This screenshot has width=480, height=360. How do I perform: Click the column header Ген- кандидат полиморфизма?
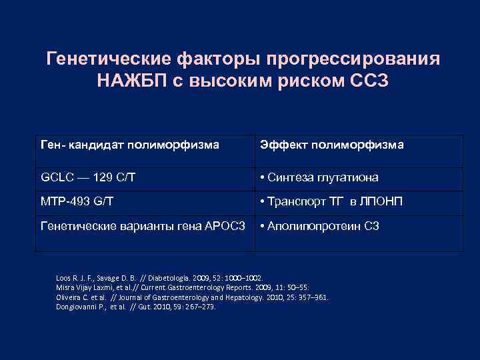click(x=130, y=145)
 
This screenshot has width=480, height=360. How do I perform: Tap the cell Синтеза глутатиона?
click(x=322, y=177)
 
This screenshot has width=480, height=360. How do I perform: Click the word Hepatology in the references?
click(x=259, y=297)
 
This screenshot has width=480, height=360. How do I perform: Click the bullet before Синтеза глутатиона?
click(x=264, y=177)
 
